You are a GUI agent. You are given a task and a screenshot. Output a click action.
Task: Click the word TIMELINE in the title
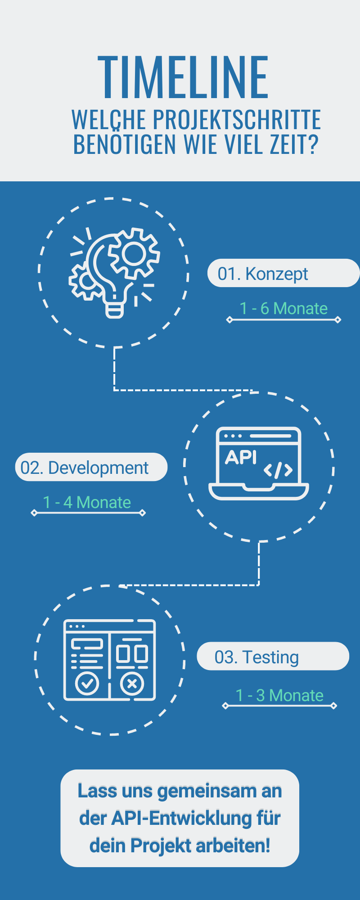pos(183,77)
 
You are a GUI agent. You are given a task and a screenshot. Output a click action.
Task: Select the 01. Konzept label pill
pos(283,273)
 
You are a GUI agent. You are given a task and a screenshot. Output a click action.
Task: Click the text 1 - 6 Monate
pos(283,309)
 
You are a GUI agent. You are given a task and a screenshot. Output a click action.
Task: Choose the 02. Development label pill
pos(91,468)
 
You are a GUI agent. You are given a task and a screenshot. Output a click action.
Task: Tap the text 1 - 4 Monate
pos(87,502)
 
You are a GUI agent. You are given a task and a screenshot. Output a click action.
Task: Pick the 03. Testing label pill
pos(273,657)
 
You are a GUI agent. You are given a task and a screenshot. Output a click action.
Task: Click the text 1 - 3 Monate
pos(279,696)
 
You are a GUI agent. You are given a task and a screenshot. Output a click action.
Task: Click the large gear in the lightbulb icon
pos(134,253)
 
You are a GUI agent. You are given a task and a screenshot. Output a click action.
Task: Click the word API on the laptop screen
pos(241,457)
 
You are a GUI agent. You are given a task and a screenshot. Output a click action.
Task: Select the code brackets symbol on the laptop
pos(278,470)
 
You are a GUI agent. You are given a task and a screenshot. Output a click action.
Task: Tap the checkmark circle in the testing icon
pos(87,684)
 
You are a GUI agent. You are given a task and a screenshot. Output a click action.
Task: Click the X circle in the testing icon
pos(132,684)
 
